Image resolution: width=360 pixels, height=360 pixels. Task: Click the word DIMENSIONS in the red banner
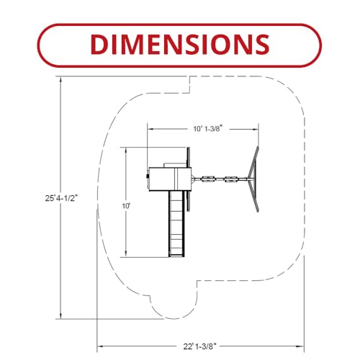[x=180, y=45]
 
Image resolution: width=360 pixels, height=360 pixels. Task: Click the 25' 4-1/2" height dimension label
[x=62, y=198]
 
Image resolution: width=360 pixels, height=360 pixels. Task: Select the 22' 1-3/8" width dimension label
[x=200, y=346]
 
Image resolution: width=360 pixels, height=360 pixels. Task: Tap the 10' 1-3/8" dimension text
[x=207, y=129]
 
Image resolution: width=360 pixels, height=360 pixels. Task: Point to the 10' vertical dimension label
[x=126, y=206]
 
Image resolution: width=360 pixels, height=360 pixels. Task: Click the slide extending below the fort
[x=176, y=224]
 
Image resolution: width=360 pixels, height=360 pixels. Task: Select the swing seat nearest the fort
[x=208, y=179]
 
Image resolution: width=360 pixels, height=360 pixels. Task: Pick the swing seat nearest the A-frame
[x=231, y=179]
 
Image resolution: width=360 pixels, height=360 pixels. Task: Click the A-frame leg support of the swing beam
[x=254, y=179]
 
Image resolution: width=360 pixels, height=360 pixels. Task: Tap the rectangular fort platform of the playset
[x=170, y=179]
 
